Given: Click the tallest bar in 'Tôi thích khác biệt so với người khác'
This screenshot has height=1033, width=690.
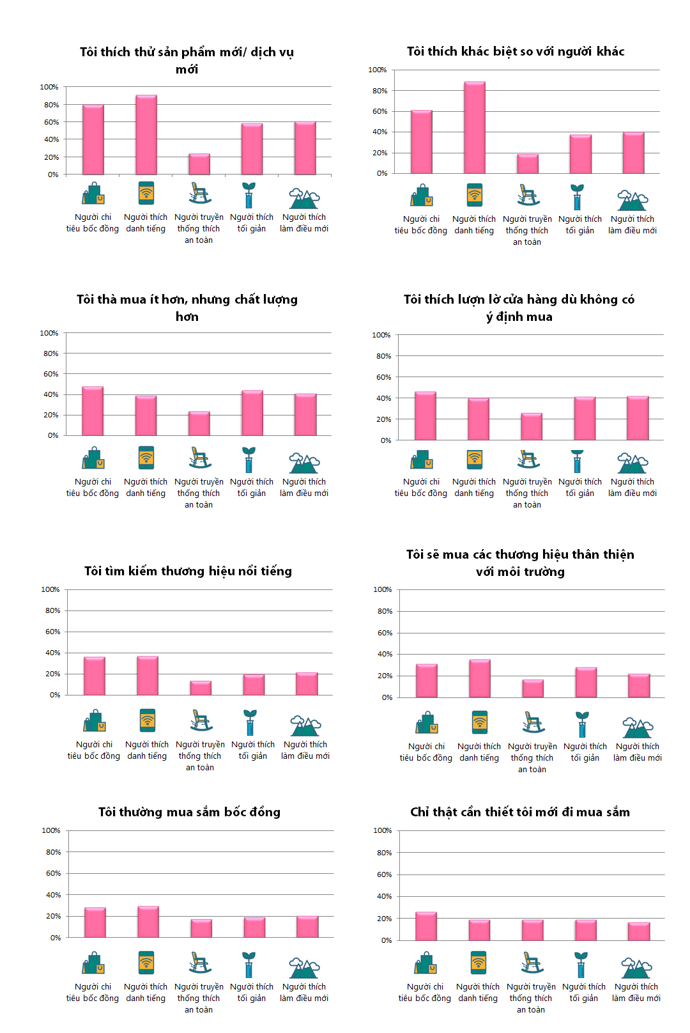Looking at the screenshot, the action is pyautogui.click(x=474, y=128).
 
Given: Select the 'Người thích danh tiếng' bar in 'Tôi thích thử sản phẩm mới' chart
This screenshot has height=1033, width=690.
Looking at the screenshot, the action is pyautogui.click(x=146, y=135).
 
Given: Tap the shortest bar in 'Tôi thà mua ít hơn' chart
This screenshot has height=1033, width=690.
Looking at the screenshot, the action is pyautogui.click(x=199, y=423).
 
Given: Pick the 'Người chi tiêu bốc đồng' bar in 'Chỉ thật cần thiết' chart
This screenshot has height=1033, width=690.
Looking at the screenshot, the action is pyautogui.click(x=425, y=926).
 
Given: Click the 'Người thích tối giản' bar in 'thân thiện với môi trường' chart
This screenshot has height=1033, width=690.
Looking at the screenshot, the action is pyautogui.click(x=586, y=683).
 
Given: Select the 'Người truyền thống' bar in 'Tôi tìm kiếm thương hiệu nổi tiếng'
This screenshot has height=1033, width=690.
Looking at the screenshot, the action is pyautogui.click(x=201, y=688).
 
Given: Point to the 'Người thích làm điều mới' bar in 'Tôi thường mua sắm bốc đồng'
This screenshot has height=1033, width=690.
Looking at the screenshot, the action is pyautogui.click(x=307, y=927).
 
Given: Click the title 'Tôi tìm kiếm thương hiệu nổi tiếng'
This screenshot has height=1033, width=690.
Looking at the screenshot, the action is pyautogui.click(x=188, y=571).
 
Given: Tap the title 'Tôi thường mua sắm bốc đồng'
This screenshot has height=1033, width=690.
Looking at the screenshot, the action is pyautogui.click(x=189, y=812).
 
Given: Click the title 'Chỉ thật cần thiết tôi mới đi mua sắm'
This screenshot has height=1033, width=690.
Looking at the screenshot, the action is pyautogui.click(x=520, y=812).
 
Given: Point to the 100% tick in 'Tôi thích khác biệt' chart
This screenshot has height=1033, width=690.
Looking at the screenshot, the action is pyautogui.click(x=377, y=70).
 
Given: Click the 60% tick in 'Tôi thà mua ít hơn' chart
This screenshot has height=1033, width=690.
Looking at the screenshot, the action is pyautogui.click(x=50, y=374).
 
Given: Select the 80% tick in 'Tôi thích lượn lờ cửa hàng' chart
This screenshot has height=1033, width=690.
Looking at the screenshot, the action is pyautogui.click(x=383, y=356).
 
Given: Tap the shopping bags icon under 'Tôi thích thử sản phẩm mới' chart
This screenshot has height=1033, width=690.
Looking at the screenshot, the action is pyautogui.click(x=93, y=193).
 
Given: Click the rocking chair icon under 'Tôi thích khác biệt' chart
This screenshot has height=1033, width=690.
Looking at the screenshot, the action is pyautogui.click(x=527, y=195).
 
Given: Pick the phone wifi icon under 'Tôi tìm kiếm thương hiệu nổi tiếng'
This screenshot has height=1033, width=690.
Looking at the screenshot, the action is pyautogui.click(x=148, y=720).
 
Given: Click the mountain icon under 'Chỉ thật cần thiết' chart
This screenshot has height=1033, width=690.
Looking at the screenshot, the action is pyautogui.click(x=636, y=968).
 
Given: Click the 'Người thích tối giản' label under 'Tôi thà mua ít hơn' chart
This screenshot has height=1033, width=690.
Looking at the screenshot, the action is pyautogui.click(x=252, y=488).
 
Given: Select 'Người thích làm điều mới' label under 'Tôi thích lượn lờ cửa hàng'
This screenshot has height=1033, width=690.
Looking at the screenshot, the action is pyautogui.click(x=632, y=488).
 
